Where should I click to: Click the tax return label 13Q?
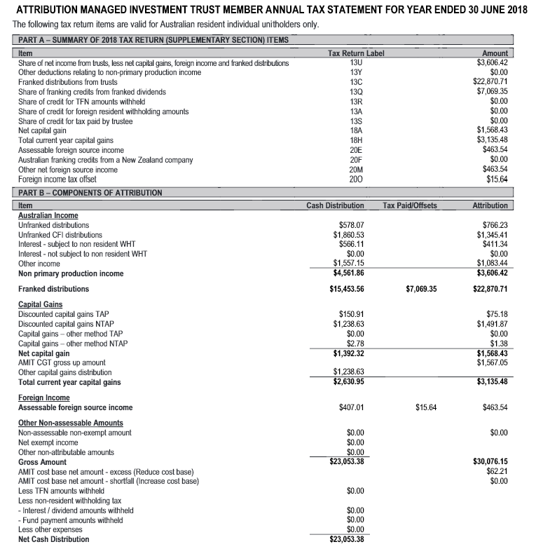coord(355,92)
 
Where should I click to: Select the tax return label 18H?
coord(355,140)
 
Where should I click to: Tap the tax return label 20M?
coord(355,170)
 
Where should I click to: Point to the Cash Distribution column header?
coord(335,205)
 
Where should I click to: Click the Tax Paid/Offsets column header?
coord(410,205)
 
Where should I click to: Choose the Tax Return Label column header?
coord(356,53)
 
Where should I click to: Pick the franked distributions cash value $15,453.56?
coord(345,289)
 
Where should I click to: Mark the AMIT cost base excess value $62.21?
coord(497,471)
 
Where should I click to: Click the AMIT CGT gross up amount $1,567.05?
coord(491,362)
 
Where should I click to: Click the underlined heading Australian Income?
coord(48,215)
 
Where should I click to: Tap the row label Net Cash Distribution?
coord(54,539)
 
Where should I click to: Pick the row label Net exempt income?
coord(48,442)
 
